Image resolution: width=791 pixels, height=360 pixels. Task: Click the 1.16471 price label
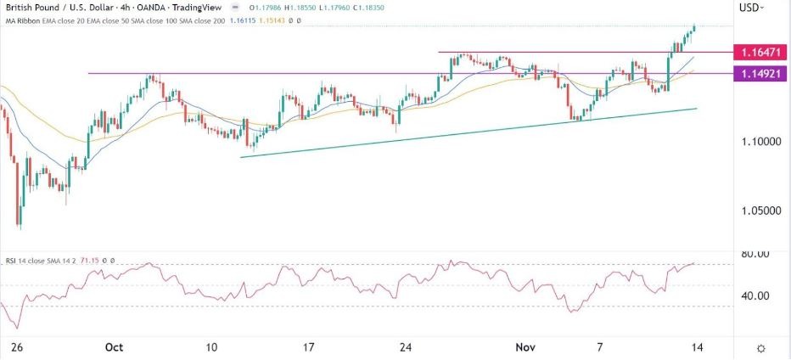(x=760, y=53)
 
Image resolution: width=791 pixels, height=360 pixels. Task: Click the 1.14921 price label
(x=760, y=74)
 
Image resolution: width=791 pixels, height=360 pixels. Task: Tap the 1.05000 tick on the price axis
(x=760, y=210)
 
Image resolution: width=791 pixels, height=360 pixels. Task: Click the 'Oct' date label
(x=113, y=347)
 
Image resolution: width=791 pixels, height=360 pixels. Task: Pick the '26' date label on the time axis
(x=14, y=347)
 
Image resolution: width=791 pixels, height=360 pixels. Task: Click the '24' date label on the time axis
(x=406, y=347)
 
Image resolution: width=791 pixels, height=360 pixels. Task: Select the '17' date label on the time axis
(x=309, y=347)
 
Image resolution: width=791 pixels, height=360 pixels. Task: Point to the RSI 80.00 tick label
(x=756, y=254)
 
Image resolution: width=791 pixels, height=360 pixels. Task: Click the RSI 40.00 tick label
(x=756, y=295)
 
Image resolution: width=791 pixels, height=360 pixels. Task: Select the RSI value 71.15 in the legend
(x=92, y=262)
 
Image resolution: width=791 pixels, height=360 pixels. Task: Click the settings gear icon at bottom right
(x=761, y=348)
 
